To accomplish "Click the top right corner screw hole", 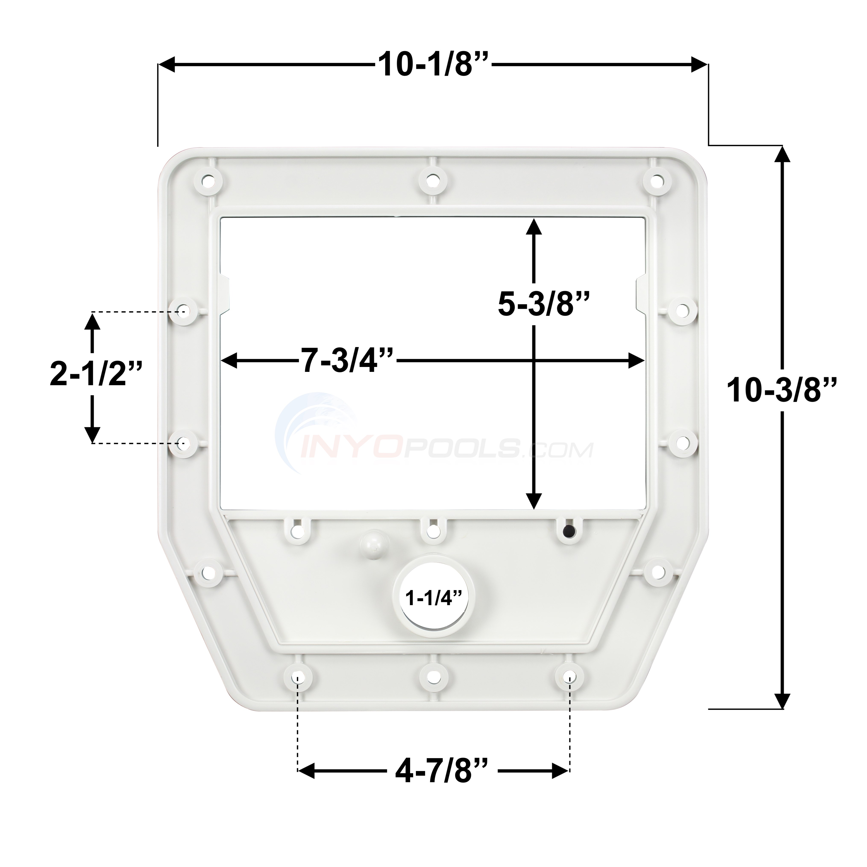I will (x=656, y=181).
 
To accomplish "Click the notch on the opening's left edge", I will (x=225, y=294).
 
